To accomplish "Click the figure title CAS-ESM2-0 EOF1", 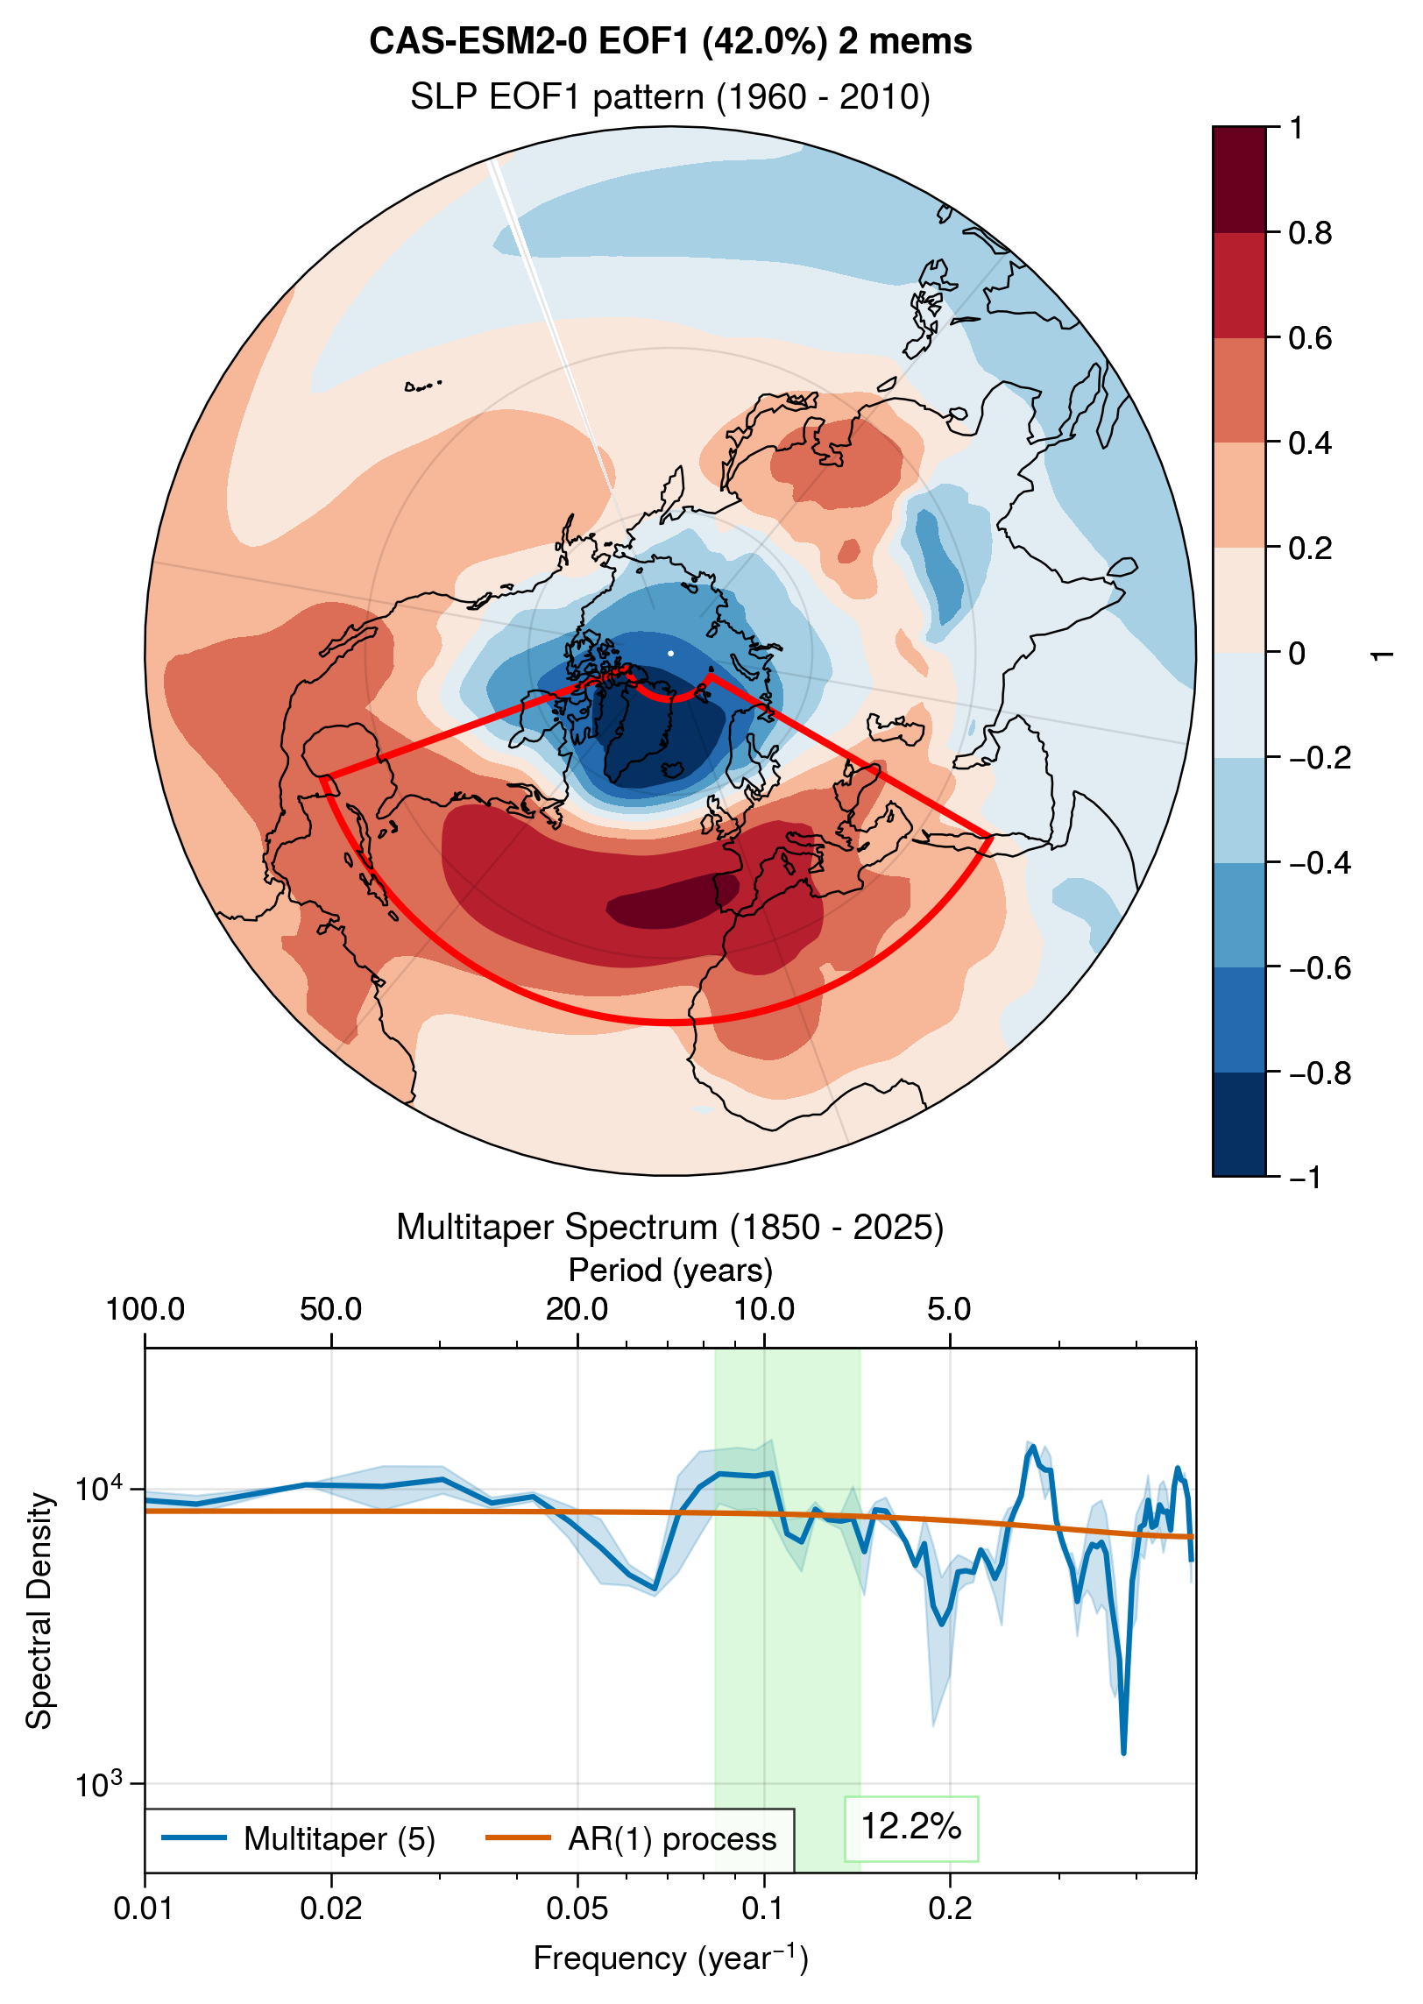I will coord(669,41).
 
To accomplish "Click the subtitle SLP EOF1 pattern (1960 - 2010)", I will coord(669,96).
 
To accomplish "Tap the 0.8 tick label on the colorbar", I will coord(1310,233).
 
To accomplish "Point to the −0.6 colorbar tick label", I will coord(1320,968).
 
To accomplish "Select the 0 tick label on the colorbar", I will coord(1297,653).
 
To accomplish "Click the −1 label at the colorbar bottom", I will coord(1305,1177).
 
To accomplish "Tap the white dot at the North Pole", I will coord(671,653).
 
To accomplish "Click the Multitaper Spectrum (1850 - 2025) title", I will coord(669,1227).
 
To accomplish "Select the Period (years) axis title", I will coord(670,1270).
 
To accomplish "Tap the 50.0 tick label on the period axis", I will coord(330,1309).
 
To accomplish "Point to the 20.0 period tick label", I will coord(577,1309).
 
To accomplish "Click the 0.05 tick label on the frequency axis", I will coord(577,1908).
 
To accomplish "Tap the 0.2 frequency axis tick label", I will coord(950,1908).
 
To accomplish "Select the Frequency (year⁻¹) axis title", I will coord(670,1958).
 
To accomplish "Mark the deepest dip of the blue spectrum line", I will coord(1123,1753).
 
